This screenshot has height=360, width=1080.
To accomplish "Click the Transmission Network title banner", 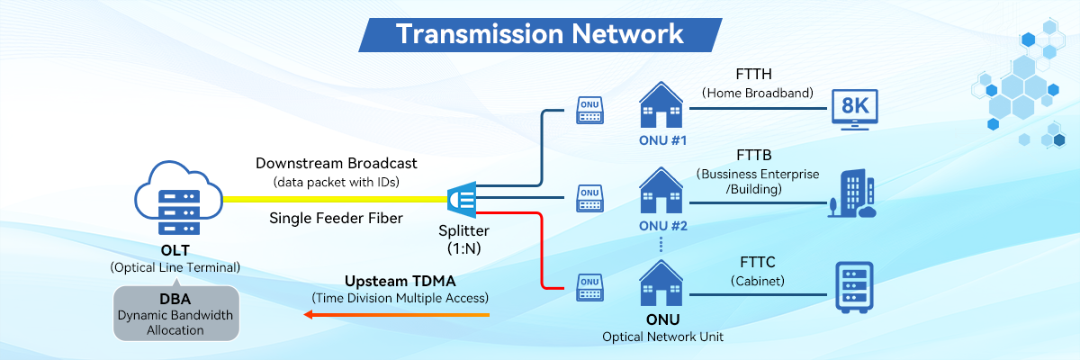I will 539,33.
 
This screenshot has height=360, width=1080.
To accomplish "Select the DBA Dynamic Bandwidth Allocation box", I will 176,312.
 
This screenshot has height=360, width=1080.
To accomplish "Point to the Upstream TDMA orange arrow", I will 396,315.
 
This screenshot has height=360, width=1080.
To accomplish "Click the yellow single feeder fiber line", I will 333,199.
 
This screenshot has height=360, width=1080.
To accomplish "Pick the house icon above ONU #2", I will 661,190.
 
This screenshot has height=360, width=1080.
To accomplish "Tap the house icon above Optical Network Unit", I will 661,283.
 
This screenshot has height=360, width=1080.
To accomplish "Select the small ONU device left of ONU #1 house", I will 589,111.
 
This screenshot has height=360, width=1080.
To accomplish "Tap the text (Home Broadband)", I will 758,93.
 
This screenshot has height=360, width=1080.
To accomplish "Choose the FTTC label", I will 758,263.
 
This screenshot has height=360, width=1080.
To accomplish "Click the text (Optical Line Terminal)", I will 175,267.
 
